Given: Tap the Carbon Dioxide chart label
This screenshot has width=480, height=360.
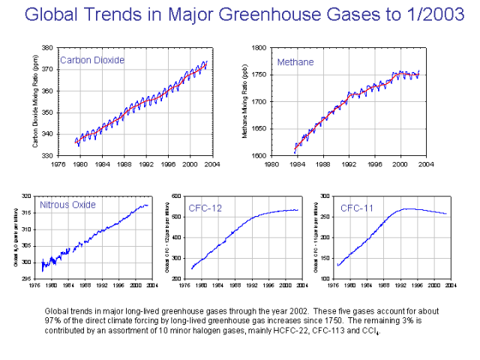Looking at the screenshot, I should [x=91, y=60].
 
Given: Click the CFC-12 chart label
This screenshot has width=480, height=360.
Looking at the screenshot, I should [x=206, y=207].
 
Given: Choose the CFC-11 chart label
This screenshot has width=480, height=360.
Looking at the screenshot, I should [x=357, y=207].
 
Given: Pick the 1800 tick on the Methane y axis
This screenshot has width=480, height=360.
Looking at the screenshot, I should [x=259, y=47].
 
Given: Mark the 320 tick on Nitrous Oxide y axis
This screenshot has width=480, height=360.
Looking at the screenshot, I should [x=27, y=196].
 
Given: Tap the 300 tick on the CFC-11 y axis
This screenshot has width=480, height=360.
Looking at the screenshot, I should [x=325, y=196].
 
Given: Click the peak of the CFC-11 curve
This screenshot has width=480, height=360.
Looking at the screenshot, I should [x=408, y=208].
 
